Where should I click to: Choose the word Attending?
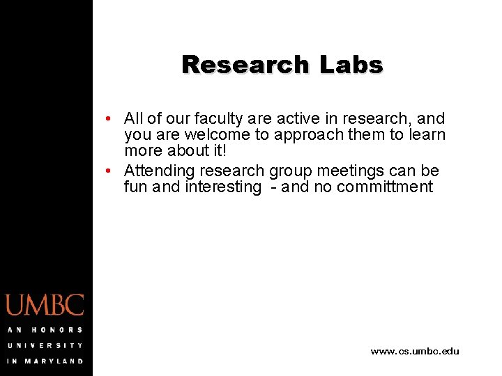pyautogui.click(x=159, y=171)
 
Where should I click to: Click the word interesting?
pyautogui.click(x=222, y=187)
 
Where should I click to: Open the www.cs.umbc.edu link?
pyautogui.click(x=415, y=352)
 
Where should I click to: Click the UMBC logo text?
pyautogui.click(x=45, y=305)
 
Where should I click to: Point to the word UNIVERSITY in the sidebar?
pyautogui.click(x=45, y=345)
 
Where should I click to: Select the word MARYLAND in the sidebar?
pyautogui.click(x=55, y=361)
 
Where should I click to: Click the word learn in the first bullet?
pyautogui.click(x=426, y=135)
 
